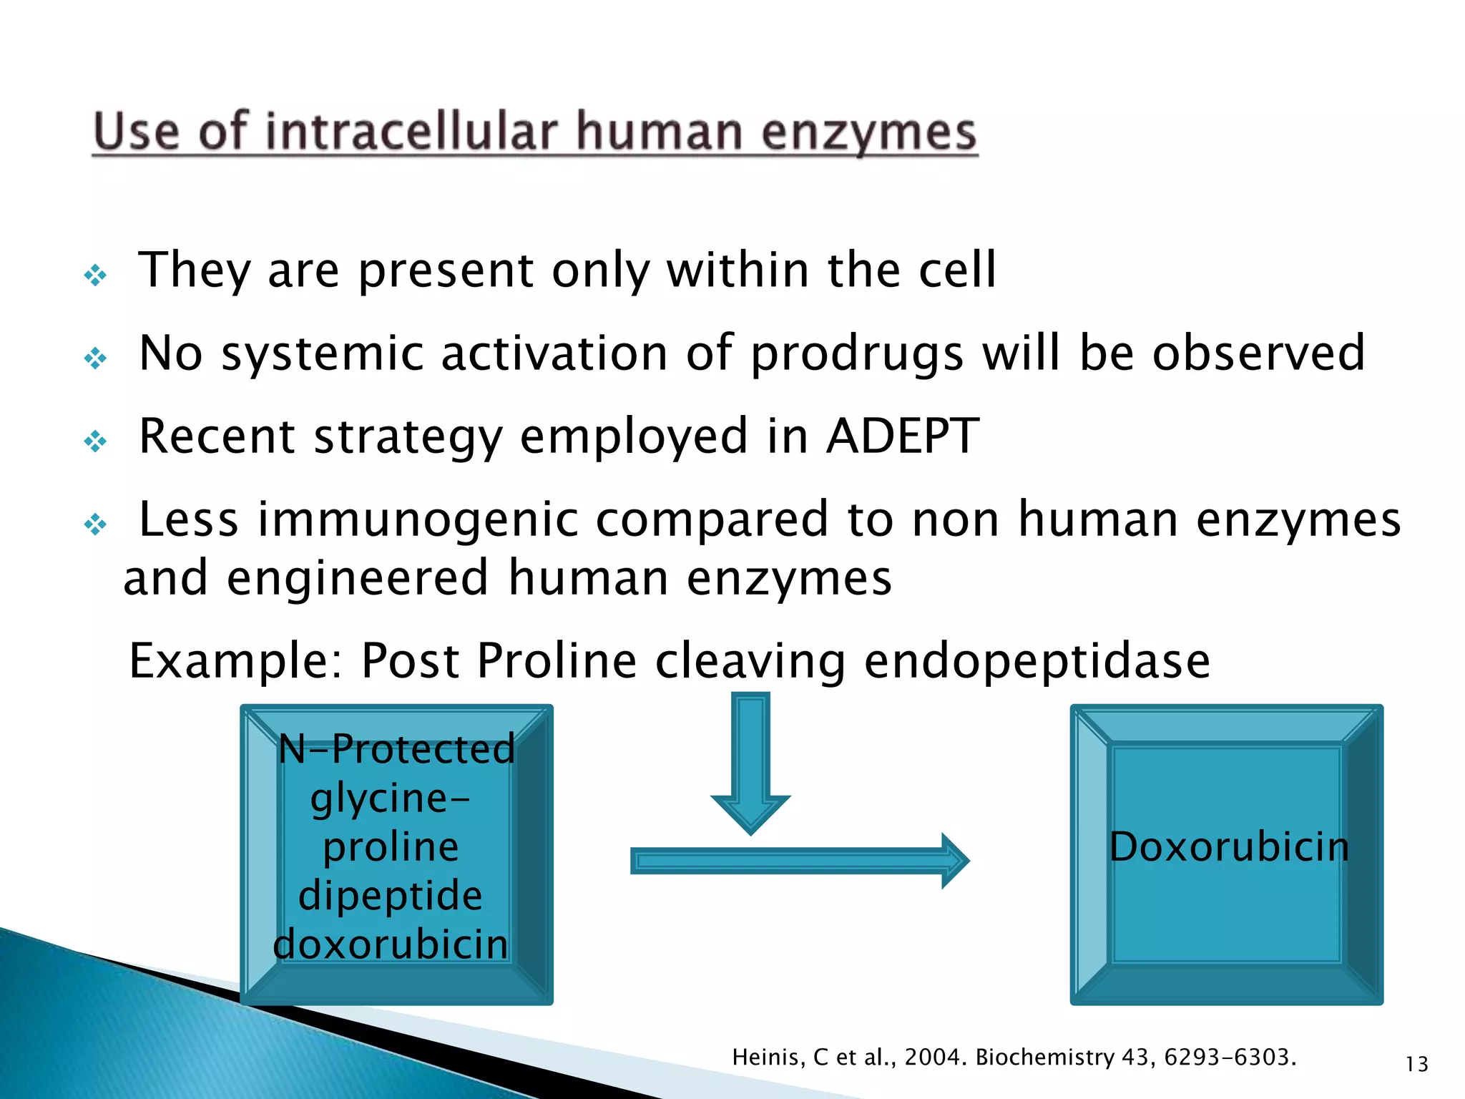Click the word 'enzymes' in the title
click(868, 134)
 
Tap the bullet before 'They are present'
click(95, 275)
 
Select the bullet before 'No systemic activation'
click(95, 358)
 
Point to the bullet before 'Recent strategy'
click(95, 441)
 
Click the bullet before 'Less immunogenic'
click(95, 525)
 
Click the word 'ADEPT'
click(903, 436)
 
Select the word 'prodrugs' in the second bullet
click(857, 353)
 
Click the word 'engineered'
click(357, 577)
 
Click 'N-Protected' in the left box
click(396, 749)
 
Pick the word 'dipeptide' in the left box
click(391, 896)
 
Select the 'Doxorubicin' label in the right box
click(1229, 847)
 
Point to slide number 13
click(1416, 1065)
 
